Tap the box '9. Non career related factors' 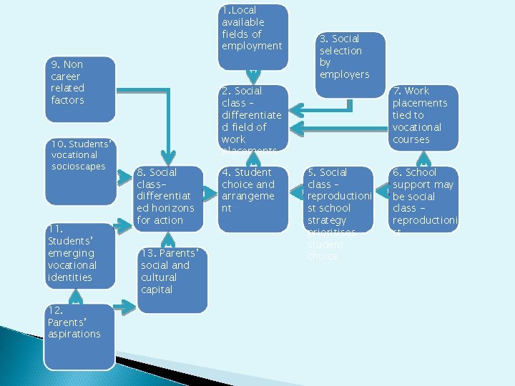pyautogui.click(x=79, y=89)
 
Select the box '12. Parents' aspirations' pyautogui.click(x=79, y=336)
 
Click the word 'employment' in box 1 pyautogui.click(x=252, y=46)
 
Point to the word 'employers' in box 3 pyautogui.click(x=344, y=75)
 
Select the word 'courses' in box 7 pyautogui.click(x=411, y=139)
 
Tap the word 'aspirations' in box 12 pyautogui.click(x=74, y=335)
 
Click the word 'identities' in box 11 pyautogui.click(x=72, y=277)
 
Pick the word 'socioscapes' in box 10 pyautogui.click(x=78, y=167)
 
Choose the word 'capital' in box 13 pyautogui.click(x=157, y=289)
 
